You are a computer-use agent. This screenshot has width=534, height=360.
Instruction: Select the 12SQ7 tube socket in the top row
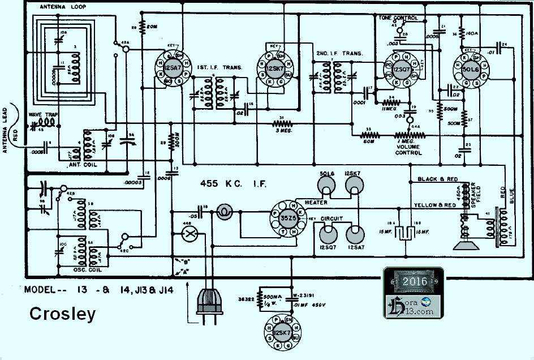coord(402,69)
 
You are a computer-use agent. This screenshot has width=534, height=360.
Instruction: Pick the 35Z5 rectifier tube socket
coord(285,220)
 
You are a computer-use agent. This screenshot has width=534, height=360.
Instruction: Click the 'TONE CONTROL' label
coord(398,18)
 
